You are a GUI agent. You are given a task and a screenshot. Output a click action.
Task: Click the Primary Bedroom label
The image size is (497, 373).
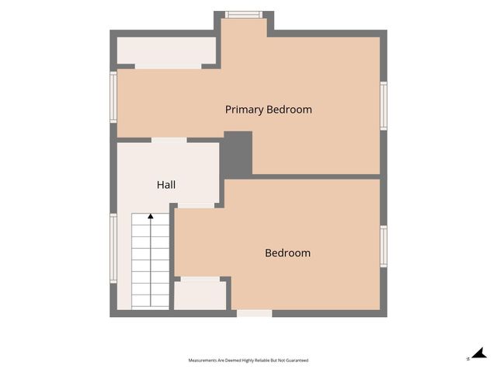tap(269, 110)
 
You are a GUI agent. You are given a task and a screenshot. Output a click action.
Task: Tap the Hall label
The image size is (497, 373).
tap(166, 185)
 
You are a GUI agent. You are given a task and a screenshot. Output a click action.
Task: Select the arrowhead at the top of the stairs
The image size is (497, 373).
tap(151, 216)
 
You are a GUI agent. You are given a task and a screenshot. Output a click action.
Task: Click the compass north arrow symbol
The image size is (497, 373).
tap(479, 354)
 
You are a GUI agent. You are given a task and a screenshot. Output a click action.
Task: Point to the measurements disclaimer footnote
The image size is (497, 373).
tap(248, 361)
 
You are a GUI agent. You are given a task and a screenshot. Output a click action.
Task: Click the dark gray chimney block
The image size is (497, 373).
tap(237, 154)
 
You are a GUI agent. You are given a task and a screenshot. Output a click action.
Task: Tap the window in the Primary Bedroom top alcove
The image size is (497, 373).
tap(244, 15)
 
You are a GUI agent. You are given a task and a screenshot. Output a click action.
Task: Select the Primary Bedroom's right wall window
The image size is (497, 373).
tap(384, 106)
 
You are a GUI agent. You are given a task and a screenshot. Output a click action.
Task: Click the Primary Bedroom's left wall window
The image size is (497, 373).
tap(113, 97)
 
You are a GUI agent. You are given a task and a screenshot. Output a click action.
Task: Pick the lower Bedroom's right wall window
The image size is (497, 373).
tap(384, 246)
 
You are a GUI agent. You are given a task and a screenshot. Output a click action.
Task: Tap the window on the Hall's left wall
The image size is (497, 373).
tap(113, 249)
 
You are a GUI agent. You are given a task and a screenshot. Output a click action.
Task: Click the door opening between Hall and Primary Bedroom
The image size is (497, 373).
tap(169, 140)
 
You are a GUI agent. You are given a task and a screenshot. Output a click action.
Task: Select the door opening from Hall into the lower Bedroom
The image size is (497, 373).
tap(196, 205)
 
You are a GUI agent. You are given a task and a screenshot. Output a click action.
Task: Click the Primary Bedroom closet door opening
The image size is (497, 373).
tap(169, 66)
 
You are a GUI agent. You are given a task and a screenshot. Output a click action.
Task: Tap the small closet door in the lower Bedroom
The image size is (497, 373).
tap(200, 279)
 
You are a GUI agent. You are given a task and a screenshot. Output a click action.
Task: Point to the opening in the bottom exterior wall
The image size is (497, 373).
tap(255, 313)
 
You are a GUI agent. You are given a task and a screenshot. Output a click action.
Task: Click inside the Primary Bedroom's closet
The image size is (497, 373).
tap(166, 51)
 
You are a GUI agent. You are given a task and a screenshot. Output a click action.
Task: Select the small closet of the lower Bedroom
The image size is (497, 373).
tap(200, 295)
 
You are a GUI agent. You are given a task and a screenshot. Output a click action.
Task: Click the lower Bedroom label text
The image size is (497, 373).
tap(287, 253)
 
